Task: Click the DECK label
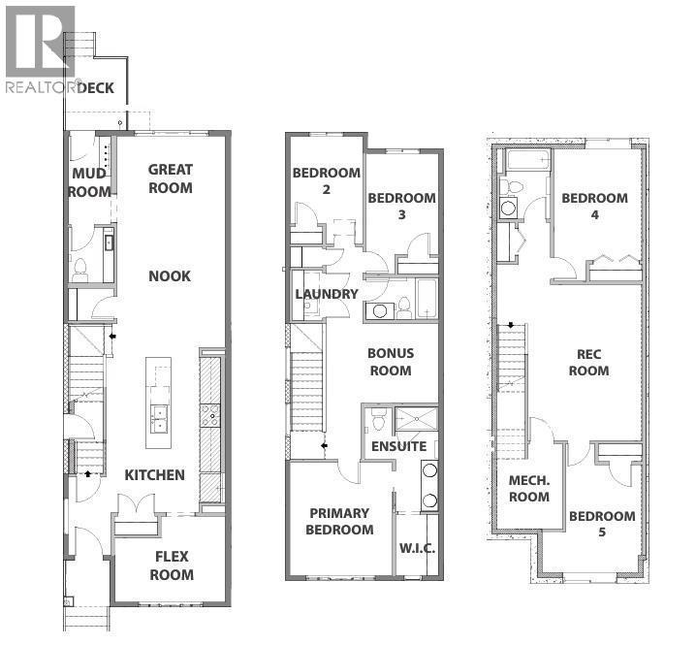pos(95,88)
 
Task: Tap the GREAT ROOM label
pos(171,178)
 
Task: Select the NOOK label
pos(170,276)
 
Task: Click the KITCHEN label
pos(154,475)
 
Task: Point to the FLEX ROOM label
pos(172,565)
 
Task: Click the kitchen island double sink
pos(159,419)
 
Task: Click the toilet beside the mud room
pos(80,270)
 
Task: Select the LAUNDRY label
pos(327,294)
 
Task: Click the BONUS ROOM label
pos(391,362)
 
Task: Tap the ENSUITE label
pos(398,446)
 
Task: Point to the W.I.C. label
pos(417,548)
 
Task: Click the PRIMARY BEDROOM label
pos(339,522)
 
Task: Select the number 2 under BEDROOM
pos(327,190)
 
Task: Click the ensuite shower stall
pos(417,418)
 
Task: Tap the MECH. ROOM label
pos(529,488)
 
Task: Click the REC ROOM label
pos(589,363)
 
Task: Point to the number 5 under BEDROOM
pos(602,532)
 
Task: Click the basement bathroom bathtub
pos(528,159)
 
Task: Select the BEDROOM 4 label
pos(595,207)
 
